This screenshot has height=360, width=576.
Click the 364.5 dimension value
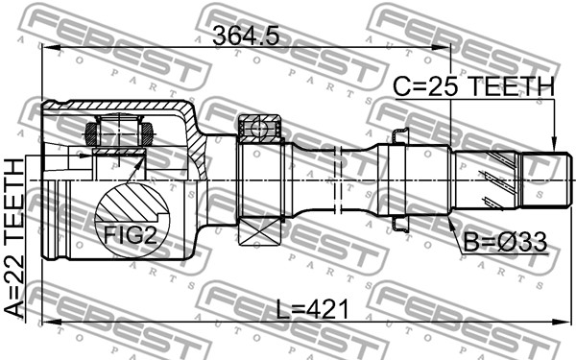(246, 36)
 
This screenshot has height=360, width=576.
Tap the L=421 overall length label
(312, 309)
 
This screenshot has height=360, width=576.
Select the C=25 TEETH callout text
(473, 86)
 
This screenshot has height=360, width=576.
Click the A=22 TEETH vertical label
(14, 238)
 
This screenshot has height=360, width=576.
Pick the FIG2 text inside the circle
(131, 235)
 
